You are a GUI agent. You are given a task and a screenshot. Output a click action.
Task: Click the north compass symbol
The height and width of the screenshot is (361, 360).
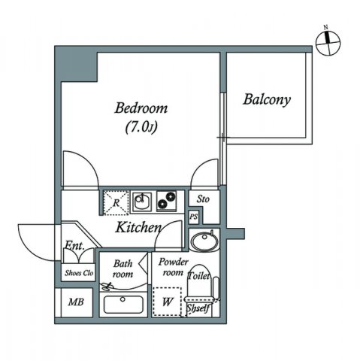pyautogui.click(x=325, y=44)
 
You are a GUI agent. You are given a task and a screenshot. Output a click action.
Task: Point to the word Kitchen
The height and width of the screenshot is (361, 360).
pyautogui.click(x=138, y=227)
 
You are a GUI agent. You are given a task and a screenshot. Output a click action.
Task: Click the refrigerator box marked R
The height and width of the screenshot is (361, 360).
pyautogui.click(x=116, y=202)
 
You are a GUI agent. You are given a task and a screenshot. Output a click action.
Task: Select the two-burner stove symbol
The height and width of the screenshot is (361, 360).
pyautogui.click(x=167, y=202)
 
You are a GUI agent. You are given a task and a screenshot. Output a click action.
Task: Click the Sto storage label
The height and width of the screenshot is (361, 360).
pyautogui.click(x=203, y=199)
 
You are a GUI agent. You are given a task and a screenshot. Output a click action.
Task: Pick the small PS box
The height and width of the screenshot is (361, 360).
pyautogui.click(x=194, y=217)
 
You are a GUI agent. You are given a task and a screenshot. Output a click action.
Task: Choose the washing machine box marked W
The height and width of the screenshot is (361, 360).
pyautogui.click(x=168, y=303)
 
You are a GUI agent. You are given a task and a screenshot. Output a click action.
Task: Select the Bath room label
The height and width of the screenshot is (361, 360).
pyautogui.click(x=123, y=268)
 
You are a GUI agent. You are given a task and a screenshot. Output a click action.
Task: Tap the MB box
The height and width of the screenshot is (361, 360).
pyautogui.click(x=76, y=304)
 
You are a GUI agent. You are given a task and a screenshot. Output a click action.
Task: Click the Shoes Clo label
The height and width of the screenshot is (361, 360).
pyautogui.click(x=78, y=273)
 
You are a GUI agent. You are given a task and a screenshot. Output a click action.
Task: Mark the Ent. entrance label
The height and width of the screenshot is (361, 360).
pyautogui.click(x=74, y=245)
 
